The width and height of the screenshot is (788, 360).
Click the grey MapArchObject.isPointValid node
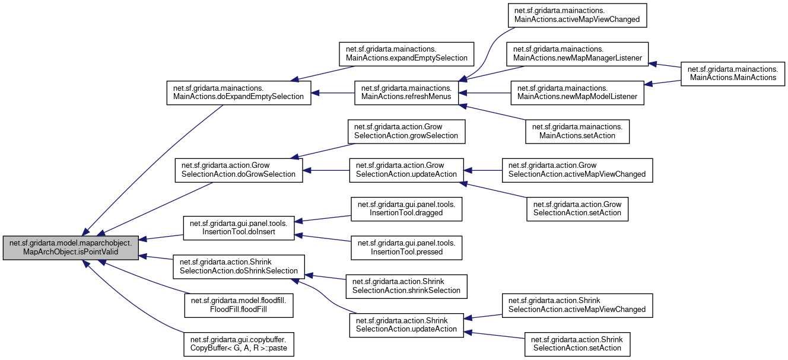pos(71,248)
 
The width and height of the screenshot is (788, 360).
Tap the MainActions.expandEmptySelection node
pos(406,53)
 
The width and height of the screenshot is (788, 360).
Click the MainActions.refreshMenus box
pos(406,93)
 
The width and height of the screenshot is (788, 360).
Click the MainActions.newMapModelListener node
pos(577,93)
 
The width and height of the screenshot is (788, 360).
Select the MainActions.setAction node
pos(577,131)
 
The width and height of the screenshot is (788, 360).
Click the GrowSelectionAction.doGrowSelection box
pos(239,170)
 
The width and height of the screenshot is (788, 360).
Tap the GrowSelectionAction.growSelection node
pos(406,131)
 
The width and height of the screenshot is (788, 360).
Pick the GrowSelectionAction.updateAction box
pos(406,170)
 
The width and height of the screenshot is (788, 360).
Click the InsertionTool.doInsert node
pos(239,228)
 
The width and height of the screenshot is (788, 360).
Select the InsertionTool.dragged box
pos(406,209)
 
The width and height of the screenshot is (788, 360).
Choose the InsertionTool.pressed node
pos(406,247)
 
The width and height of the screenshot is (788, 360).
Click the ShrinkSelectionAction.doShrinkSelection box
pos(239,267)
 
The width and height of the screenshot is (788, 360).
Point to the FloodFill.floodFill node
pos(239,305)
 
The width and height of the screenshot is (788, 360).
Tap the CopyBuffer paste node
pos(239,344)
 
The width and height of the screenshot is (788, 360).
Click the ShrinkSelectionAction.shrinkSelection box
pos(406,286)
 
